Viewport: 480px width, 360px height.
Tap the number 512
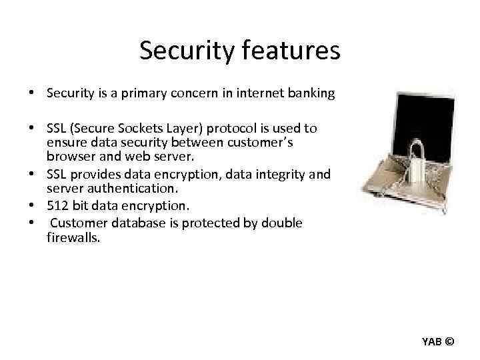[x=57, y=205]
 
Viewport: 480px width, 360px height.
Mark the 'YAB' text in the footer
[x=431, y=342]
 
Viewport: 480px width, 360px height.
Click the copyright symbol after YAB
[x=449, y=342]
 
